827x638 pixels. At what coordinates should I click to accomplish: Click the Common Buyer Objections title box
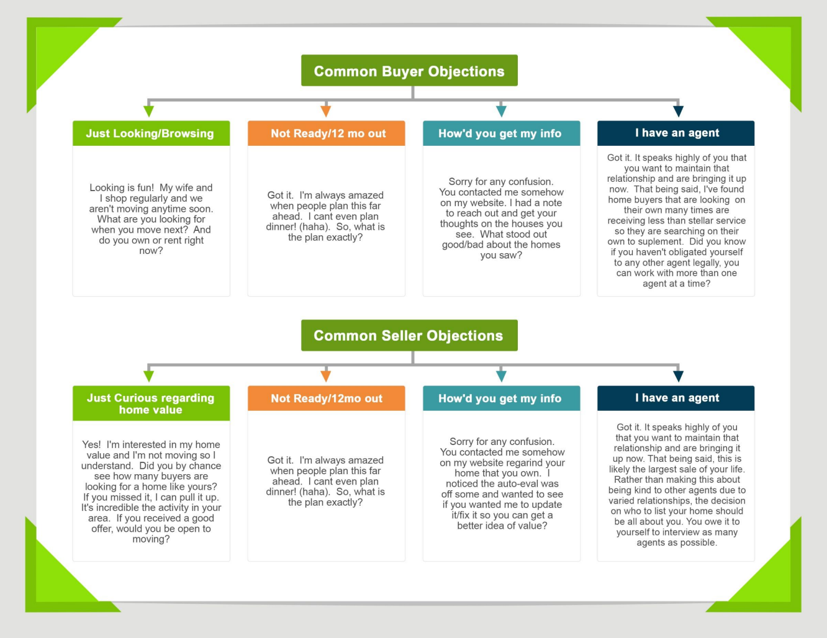tap(409, 71)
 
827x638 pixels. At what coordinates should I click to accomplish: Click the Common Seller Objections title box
tap(409, 336)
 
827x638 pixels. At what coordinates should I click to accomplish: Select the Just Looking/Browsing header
tap(150, 133)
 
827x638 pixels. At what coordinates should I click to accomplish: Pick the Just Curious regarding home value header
tap(150, 403)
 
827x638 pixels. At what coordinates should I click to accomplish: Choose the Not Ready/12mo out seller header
tap(327, 398)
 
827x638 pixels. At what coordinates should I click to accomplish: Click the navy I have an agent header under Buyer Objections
tap(676, 133)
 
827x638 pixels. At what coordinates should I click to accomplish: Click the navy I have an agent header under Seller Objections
tap(676, 398)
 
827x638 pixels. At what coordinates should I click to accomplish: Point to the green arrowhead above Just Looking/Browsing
tap(149, 111)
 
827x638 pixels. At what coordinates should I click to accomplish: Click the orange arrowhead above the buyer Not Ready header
tap(325, 111)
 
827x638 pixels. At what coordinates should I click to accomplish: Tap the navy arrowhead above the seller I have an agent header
tap(678, 376)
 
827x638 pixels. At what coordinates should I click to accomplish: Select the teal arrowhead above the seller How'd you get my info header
tap(501, 376)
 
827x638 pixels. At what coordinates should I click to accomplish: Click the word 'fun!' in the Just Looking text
tap(141, 187)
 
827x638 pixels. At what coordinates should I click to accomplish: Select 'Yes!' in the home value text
tap(91, 444)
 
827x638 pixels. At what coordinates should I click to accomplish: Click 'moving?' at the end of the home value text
tap(151, 539)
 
